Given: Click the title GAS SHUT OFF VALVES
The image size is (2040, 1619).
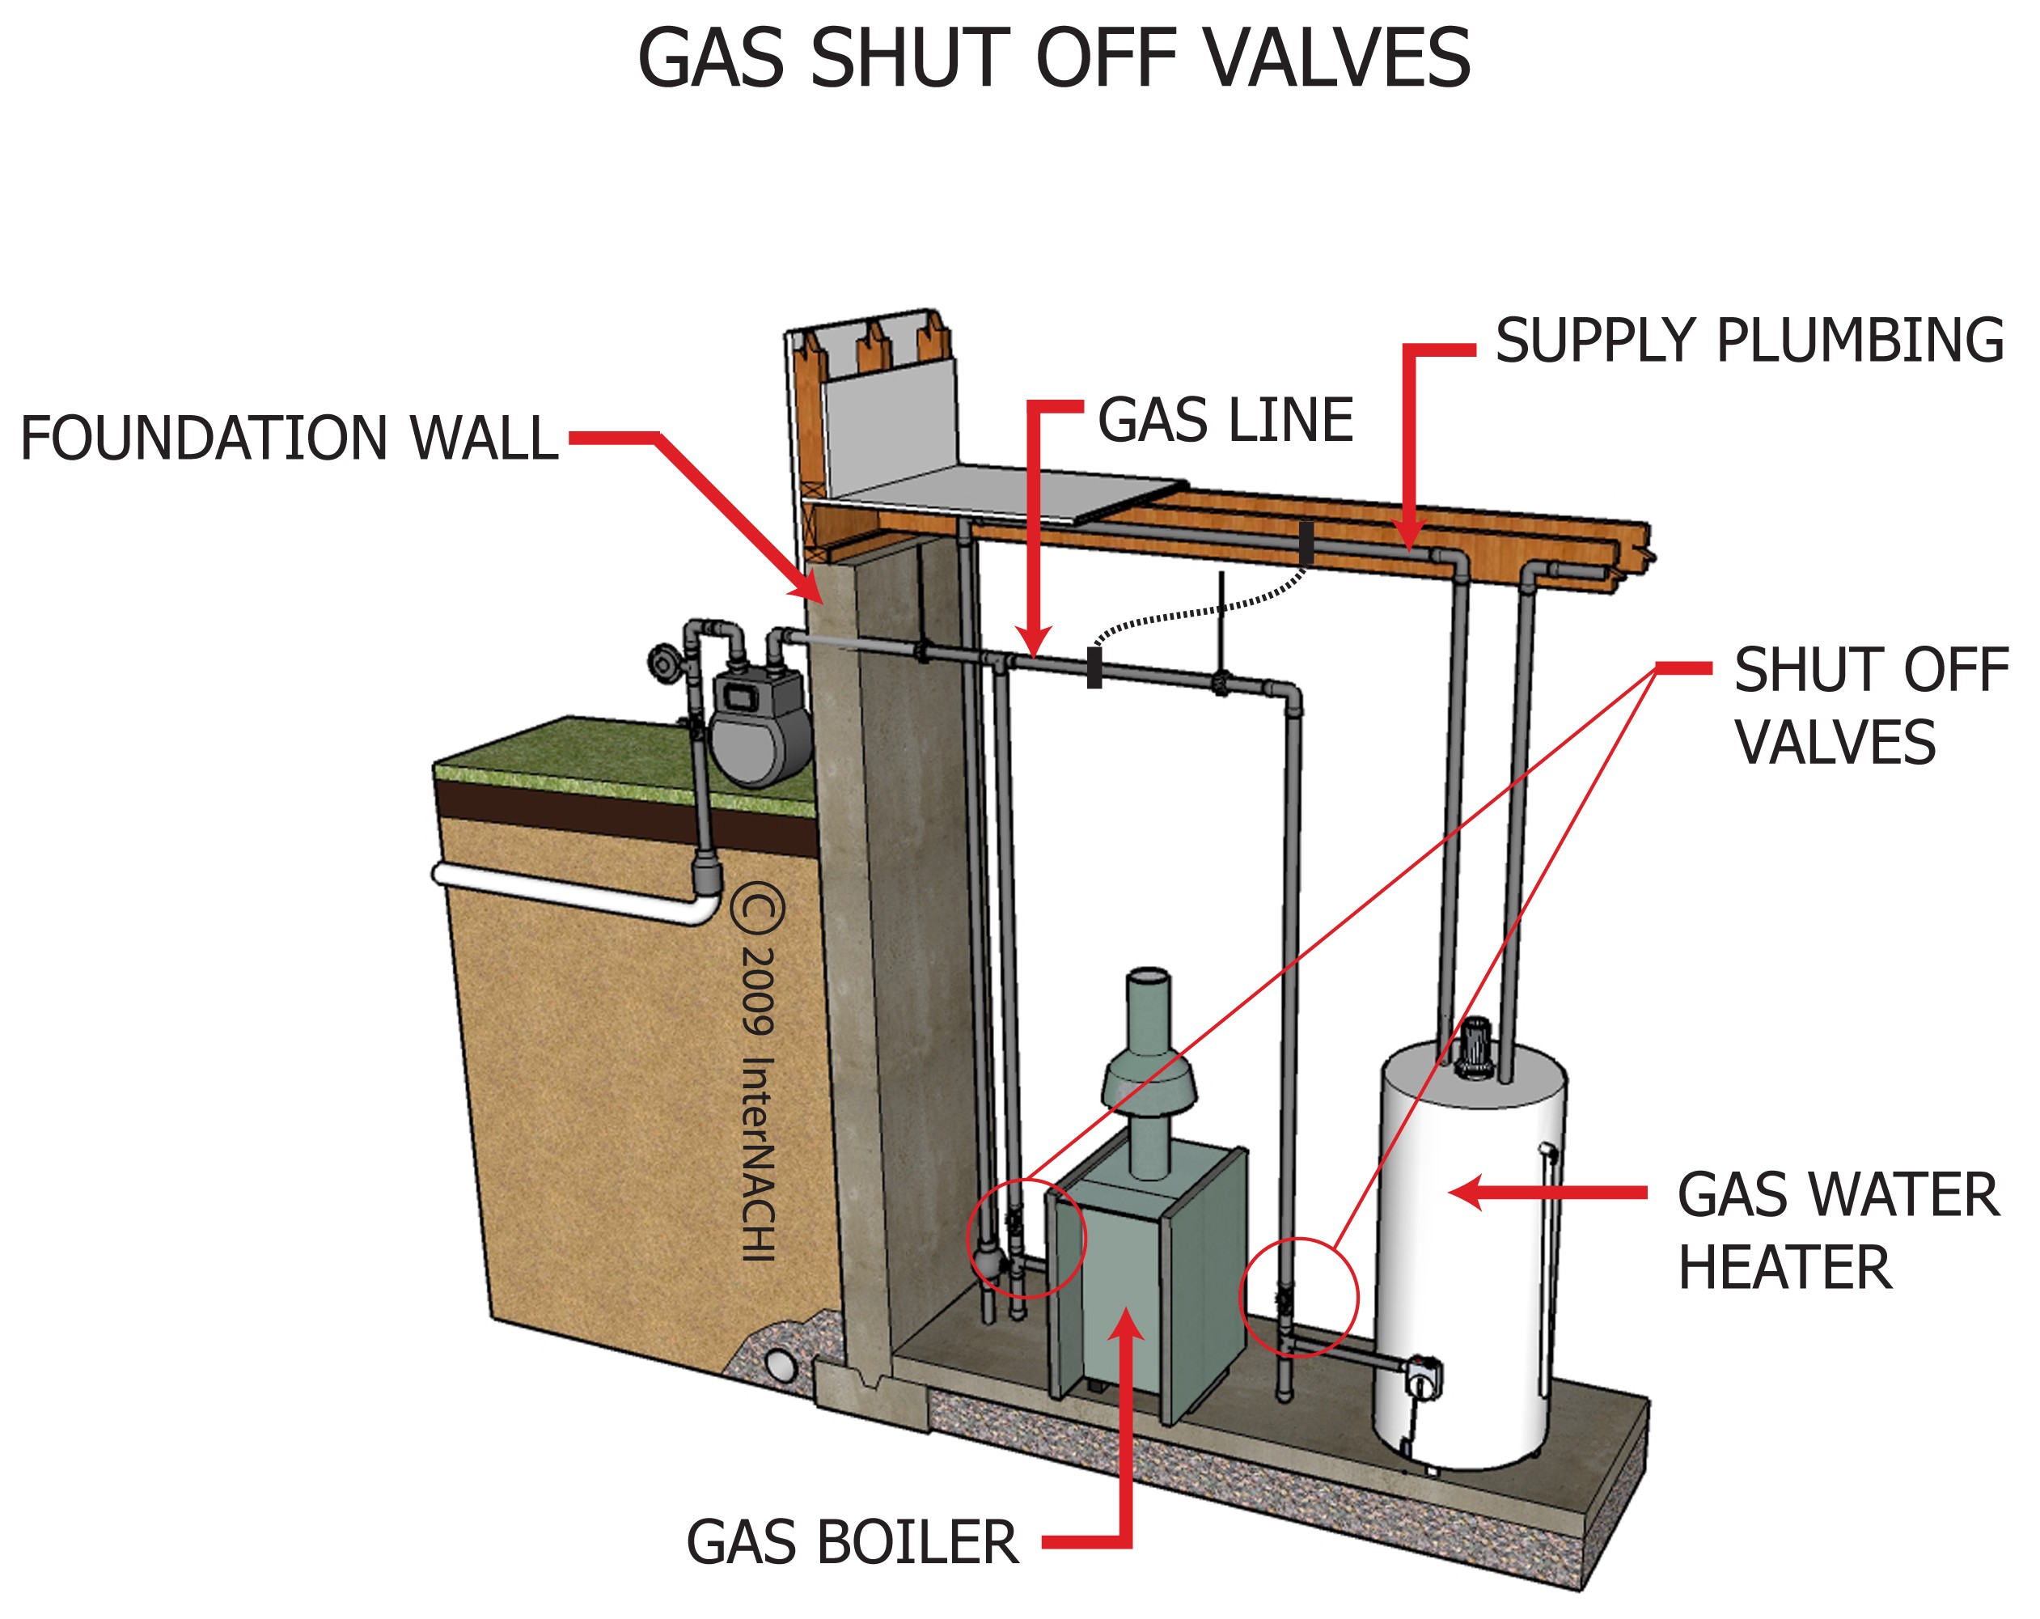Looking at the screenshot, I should [1053, 59].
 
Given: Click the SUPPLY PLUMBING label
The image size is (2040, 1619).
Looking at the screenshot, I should [1749, 341].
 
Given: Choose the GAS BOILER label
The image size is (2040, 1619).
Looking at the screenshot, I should [852, 1543].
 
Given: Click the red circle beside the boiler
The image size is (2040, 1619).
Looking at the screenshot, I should [1026, 1238].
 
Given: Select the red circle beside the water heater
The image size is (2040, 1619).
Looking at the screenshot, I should [1298, 1296].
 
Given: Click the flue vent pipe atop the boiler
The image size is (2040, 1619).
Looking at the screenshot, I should [1149, 1070].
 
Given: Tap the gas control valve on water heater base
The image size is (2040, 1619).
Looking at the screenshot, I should [1422, 1378].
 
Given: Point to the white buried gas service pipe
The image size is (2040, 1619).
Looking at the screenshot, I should [568, 893].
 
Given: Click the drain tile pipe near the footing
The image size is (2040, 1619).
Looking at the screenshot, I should [781, 1366].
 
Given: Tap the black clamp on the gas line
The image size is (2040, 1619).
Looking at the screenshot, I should [1094, 668].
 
